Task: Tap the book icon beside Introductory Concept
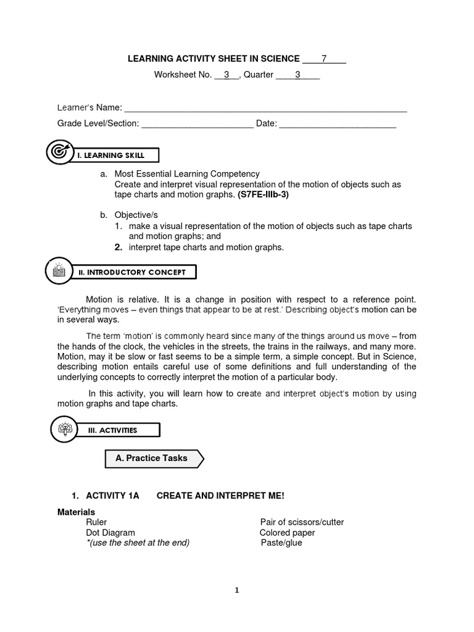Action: pyautogui.click(x=59, y=270)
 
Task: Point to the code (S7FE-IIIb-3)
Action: pyautogui.click(x=262, y=194)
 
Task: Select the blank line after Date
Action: pyautogui.click(x=338, y=125)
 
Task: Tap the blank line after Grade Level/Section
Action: pyautogui.click(x=197, y=125)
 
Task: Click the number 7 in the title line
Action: pyautogui.click(x=324, y=59)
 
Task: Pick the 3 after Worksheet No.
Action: pyautogui.click(x=227, y=75)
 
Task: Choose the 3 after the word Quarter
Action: pyautogui.click(x=297, y=75)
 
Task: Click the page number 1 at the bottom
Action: pyautogui.click(x=237, y=590)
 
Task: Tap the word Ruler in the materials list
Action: pyautogui.click(x=96, y=522)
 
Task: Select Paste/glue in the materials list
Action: pyautogui.click(x=281, y=543)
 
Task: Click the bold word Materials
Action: pyautogui.click(x=76, y=512)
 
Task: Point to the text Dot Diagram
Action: pyautogui.click(x=110, y=533)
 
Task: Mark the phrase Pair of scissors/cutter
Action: pyautogui.click(x=302, y=522)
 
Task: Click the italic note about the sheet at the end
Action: pyautogui.click(x=138, y=543)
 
